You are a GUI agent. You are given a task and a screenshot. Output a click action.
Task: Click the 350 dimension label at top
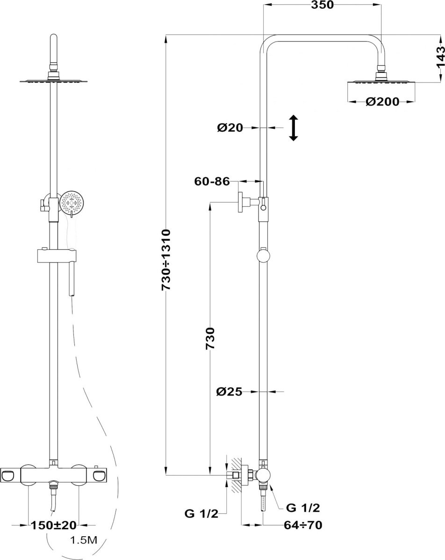[x=322, y=5]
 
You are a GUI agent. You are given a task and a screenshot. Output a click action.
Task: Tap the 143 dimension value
[x=440, y=57]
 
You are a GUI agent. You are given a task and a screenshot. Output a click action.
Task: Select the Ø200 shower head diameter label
[x=382, y=102]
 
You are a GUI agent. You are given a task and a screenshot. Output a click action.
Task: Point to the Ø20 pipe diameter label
[x=230, y=128]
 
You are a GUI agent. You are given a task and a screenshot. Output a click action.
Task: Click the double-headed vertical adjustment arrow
[x=294, y=128]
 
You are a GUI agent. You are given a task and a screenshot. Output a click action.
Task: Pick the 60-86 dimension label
[x=212, y=182]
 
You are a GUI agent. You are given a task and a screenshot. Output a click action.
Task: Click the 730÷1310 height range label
[x=166, y=260]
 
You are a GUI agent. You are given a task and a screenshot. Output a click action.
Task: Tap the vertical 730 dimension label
[x=210, y=338]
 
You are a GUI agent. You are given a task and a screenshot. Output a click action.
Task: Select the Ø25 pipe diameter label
[x=230, y=392]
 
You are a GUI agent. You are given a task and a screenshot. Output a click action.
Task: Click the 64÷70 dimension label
[x=303, y=525]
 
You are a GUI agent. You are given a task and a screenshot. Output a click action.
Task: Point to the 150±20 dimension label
[x=54, y=525]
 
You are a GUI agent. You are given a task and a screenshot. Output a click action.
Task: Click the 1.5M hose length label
[x=84, y=540]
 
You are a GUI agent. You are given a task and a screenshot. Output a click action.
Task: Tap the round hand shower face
[x=71, y=203]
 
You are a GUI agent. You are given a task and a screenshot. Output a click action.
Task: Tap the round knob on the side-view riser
[x=263, y=256]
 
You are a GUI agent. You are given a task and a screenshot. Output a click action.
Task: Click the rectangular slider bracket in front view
[x=57, y=256]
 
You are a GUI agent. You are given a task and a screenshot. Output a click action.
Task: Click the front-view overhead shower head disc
[x=53, y=81]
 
